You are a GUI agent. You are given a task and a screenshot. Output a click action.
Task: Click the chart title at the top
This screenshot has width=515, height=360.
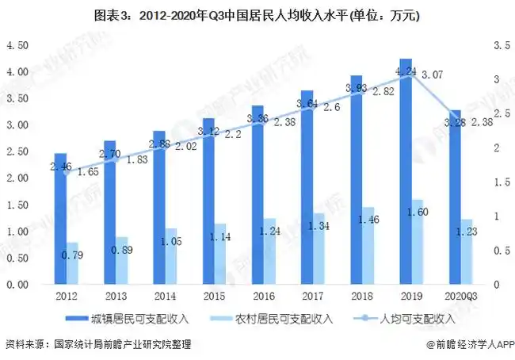pyautogui.click(x=257, y=15)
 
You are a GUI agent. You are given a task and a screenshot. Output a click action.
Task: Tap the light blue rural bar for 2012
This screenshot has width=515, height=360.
pyautogui.click(x=72, y=263)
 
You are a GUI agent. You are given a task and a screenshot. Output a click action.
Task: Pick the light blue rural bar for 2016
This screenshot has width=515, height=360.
pyautogui.click(x=270, y=251)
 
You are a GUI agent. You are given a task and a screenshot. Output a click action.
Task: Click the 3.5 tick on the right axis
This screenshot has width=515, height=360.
pyautogui.click(x=501, y=46)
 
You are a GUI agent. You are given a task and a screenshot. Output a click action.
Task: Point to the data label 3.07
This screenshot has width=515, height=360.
pyautogui.click(x=432, y=75)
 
